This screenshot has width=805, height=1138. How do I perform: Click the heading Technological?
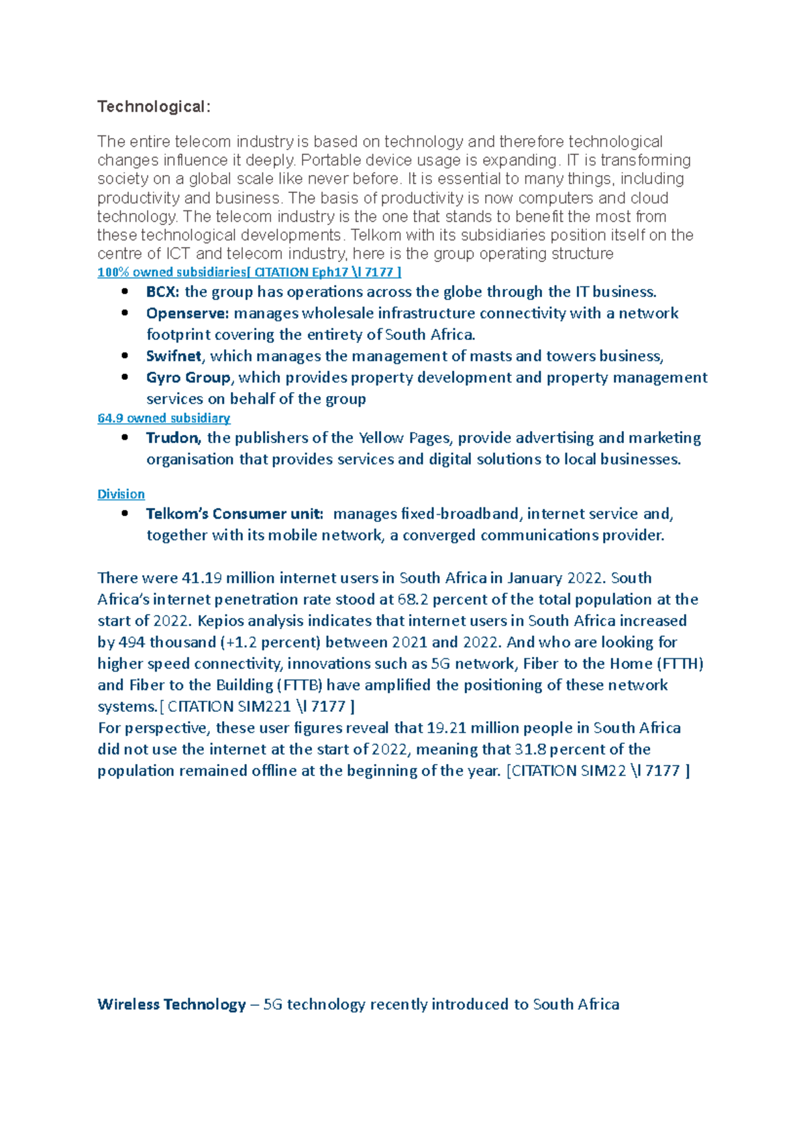click(154, 107)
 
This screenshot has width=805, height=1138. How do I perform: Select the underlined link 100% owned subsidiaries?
click(172, 272)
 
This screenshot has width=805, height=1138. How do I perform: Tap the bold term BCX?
click(162, 292)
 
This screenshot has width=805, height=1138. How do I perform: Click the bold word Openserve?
click(188, 313)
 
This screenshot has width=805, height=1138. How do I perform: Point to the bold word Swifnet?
click(174, 356)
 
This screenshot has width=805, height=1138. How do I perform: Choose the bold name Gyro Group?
click(188, 377)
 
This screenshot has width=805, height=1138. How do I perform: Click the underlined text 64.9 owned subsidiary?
click(164, 418)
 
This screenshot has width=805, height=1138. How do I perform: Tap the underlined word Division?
click(121, 494)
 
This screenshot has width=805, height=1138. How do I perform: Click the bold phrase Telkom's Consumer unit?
click(235, 513)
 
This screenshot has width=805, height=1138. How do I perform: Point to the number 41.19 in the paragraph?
click(201, 578)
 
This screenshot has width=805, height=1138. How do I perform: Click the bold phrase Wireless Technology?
click(172, 1004)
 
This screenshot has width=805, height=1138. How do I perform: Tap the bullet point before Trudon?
click(125, 438)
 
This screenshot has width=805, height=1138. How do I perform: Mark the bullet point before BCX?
click(125, 292)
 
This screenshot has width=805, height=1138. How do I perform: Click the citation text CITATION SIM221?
click(229, 706)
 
